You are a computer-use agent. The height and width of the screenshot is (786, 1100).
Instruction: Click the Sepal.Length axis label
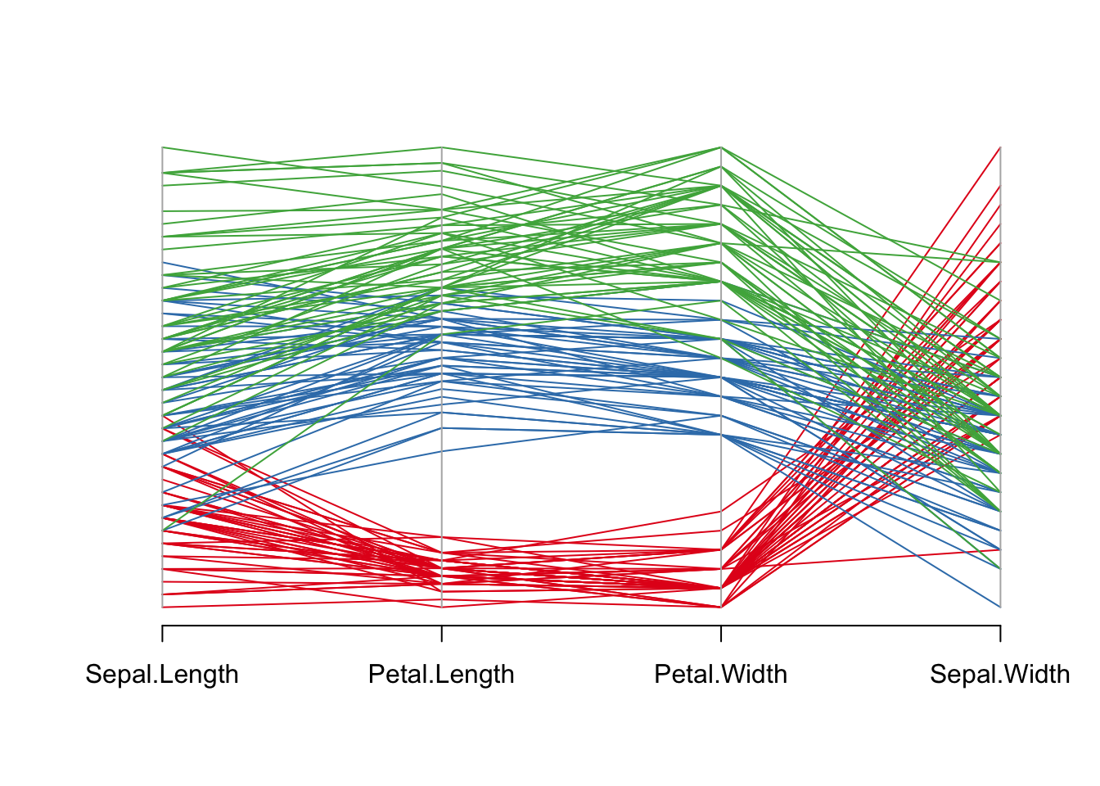[162, 675]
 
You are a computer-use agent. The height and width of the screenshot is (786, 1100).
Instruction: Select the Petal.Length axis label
[441, 675]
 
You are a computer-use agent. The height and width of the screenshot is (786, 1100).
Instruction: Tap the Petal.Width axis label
[720, 675]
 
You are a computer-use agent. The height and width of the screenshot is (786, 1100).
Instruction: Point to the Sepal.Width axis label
[999, 675]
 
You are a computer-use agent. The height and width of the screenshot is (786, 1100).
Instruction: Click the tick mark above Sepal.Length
[162, 634]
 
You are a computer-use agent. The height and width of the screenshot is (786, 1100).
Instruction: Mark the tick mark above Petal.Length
[442, 634]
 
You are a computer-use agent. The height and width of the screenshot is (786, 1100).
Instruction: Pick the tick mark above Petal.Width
[721, 634]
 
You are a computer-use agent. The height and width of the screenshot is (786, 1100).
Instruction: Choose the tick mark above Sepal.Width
[1000, 634]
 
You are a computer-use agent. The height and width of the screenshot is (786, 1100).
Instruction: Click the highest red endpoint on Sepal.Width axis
[1000, 147]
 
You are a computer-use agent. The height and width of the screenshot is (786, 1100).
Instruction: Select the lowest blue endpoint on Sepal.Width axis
[1000, 607]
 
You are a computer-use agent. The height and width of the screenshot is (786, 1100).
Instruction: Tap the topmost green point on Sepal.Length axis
[162, 147]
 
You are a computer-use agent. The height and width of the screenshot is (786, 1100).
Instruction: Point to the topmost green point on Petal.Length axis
[442, 147]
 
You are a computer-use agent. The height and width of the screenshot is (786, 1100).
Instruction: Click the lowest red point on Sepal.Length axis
[162, 607]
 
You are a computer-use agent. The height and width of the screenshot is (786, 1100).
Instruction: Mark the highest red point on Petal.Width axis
[721, 511]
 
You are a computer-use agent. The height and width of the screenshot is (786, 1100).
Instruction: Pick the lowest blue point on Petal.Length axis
[442, 451]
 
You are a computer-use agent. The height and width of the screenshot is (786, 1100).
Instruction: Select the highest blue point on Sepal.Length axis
[162, 262]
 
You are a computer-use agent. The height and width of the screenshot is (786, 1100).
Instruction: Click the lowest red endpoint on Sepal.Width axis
[1000, 550]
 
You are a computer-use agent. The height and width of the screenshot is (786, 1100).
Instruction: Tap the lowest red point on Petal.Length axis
[442, 607]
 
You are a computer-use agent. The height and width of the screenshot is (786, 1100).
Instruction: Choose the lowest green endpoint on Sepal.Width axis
[1000, 568]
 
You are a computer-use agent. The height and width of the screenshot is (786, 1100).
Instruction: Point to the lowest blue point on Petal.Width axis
[721, 435]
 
